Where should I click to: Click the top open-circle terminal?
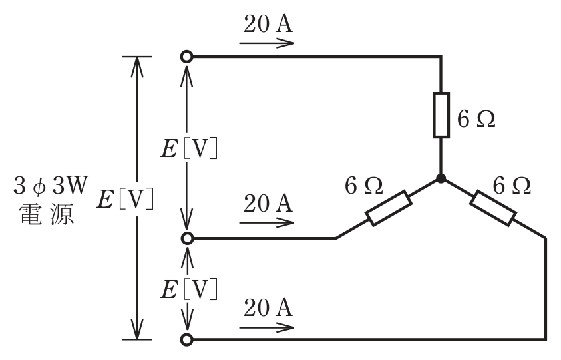[x=187, y=57]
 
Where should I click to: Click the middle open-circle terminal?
[x=187, y=238]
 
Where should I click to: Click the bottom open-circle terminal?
[x=187, y=339]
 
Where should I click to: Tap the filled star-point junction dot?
[x=441, y=178]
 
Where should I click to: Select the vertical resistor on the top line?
[x=441, y=115]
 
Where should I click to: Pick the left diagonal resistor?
[x=389, y=208]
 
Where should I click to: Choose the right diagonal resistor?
[x=493, y=208]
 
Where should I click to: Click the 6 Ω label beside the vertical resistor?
[x=476, y=119]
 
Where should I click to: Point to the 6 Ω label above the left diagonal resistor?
[x=363, y=186]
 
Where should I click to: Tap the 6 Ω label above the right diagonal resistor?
[x=512, y=186]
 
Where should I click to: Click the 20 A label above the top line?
[x=268, y=24]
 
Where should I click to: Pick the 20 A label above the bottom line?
[x=268, y=307]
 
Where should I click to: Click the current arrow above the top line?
[x=267, y=43]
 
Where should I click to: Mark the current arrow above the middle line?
[x=267, y=222]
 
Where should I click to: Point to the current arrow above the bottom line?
[x=267, y=327]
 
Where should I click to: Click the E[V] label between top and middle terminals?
[x=189, y=148]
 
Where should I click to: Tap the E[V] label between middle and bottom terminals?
[x=189, y=289]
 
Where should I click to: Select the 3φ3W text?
[x=51, y=186]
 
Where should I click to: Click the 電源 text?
[x=47, y=214]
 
